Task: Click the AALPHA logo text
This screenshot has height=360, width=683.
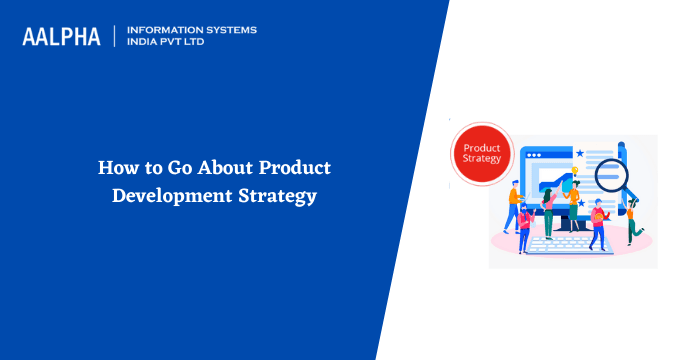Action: pos(62,37)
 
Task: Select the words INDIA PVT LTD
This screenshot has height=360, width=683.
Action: pos(171,43)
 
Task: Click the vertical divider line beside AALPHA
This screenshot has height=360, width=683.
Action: pos(115,36)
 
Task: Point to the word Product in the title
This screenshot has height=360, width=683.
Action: pos(294,167)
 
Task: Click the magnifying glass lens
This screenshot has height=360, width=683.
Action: pos(610,177)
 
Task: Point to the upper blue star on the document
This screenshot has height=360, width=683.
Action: pos(580,152)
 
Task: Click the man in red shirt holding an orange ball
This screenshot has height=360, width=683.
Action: pos(597,225)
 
